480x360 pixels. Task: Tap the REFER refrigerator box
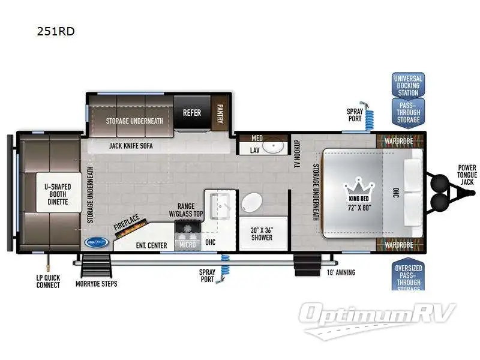pos(192,112)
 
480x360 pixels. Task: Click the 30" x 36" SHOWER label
pos(261,233)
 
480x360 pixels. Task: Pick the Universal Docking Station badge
pos(408,85)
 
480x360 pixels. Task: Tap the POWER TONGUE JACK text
pos(466,175)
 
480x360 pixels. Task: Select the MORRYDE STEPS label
pos(96,283)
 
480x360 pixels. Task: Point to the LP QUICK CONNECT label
pos(47,281)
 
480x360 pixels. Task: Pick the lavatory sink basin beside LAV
pos(275,146)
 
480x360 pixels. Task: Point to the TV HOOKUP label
pos(297,154)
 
